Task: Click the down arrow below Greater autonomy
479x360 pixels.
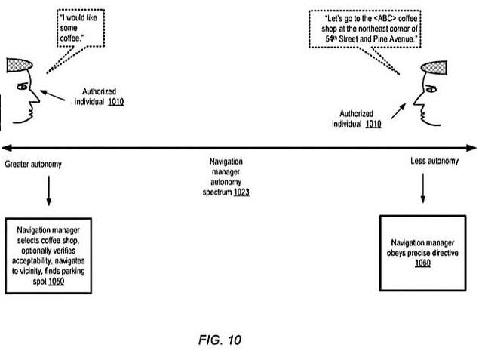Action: [x=48, y=192]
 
